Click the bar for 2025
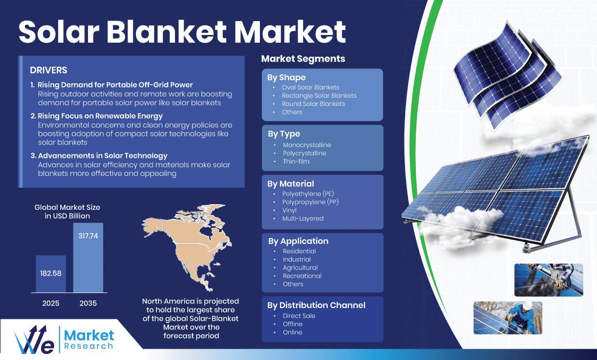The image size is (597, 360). tap(50, 274)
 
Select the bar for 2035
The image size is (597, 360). tap(88, 258)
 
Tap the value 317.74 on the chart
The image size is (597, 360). tap(88, 236)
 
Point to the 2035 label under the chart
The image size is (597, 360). tap(88, 303)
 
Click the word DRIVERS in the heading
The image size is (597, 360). tap(48, 70)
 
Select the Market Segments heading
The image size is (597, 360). tap(303, 59)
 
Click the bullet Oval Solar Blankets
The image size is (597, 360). tap(310, 87)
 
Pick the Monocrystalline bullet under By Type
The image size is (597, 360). tap(307, 145)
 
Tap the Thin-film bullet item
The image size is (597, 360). tap(296, 161)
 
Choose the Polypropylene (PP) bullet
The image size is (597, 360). tap(310, 202)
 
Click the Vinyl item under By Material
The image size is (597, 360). tap(289, 210)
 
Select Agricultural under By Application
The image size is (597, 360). tap(300, 267)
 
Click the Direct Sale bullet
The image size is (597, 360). tap(299, 316)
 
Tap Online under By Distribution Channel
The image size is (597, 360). tap(292, 332)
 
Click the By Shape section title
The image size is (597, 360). tap(286, 78)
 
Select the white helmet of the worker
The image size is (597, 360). tap(527, 306)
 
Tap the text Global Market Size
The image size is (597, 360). tap(67, 207)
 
